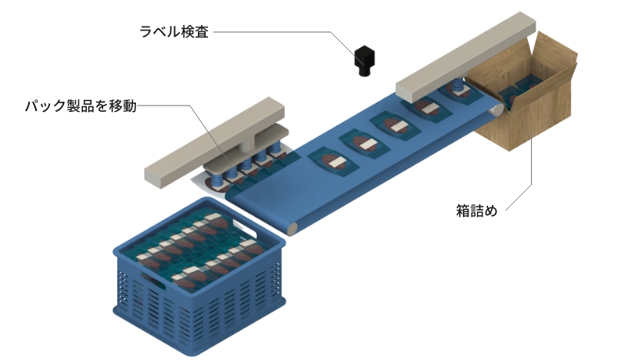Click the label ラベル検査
(x=174, y=31)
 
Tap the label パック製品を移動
(x=81, y=106)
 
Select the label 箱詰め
(x=476, y=211)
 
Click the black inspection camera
(x=364, y=60)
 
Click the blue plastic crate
(x=199, y=278)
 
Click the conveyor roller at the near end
(x=292, y=229)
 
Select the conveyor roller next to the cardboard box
(x=497, y=110)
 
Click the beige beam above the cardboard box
(x=466, y=57)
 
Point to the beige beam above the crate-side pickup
(x=214, y=142)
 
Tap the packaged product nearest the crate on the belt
(x=334, y=161)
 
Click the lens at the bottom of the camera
(x=364, y=72)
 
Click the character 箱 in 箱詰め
(x=462, y=211)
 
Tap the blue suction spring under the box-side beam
(x=457, y=85)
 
